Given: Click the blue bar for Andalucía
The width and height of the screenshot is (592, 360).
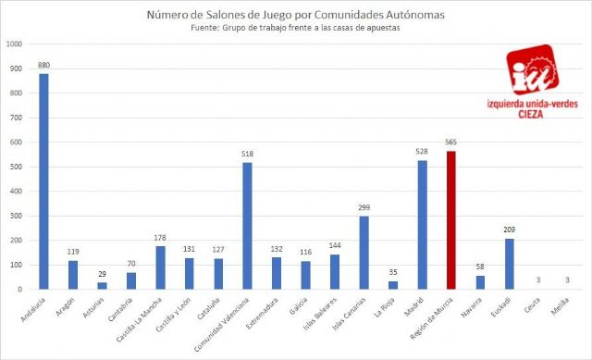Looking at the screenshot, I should tap(43, 181).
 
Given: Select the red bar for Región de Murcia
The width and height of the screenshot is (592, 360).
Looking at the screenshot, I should tap(451, 220).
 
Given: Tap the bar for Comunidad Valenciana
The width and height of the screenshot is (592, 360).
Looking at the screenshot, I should tap(247, 226).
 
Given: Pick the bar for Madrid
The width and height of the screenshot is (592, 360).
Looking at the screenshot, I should tap(422, 225).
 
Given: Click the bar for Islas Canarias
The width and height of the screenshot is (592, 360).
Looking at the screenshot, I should tap(364, 253).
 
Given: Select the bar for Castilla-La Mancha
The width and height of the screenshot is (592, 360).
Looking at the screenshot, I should tap(160, 267).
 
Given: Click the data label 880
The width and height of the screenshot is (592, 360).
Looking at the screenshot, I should tap(43, 65).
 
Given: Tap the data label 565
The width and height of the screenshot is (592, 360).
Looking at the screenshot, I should tap(451, 143).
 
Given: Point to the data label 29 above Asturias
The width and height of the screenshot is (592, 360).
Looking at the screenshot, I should tap(102, 274).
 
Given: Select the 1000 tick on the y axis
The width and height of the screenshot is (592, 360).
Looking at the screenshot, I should tap(16, 43).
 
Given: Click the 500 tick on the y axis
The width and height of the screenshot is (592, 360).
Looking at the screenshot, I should tap(18, 167).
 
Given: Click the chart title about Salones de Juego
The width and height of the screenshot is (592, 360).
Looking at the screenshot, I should tap(296, 14).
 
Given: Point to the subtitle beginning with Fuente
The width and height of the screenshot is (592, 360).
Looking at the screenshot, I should tap(296, 28).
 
